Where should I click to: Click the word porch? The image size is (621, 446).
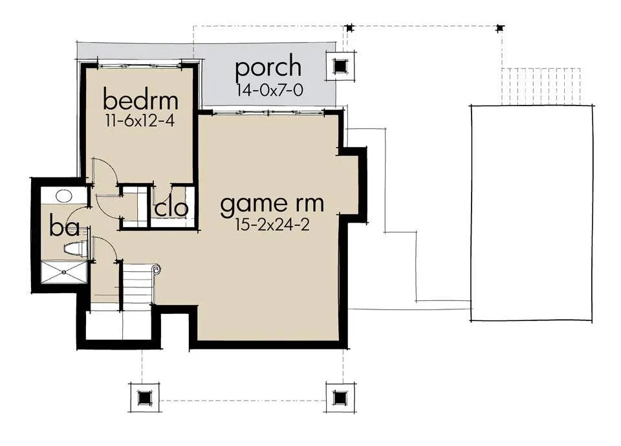[x=268, y=67]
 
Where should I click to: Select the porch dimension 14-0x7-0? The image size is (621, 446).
[x=269, y=90]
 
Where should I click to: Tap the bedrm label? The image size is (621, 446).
[x=140, y=101]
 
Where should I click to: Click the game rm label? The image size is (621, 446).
[x=272, y=204]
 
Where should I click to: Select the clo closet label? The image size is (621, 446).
[x=171, y=208]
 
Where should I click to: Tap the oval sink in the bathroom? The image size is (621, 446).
[x=63, y=195]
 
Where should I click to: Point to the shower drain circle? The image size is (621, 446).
[x=65, y=273]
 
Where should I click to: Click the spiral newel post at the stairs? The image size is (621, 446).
[x=156, y=269]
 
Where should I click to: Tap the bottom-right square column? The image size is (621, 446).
[x=339, y=396]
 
